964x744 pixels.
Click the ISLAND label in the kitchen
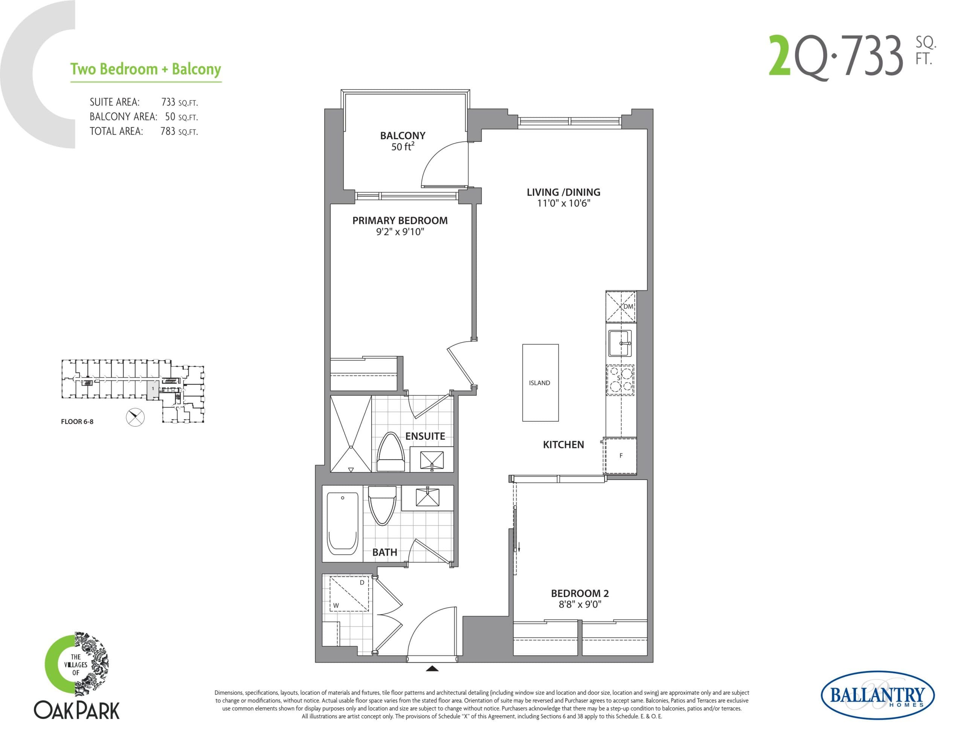click(x=539, y=383)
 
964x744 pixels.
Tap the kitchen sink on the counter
click(x=620, y=343)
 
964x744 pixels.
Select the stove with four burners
click(x=620, y=380)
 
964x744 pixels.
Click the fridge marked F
click(x=621, y=456)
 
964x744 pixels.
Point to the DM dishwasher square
click(x=621, y=307)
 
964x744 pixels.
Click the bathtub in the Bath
click(x=343, y=524)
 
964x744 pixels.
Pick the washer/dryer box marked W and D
click(x=349, y=594)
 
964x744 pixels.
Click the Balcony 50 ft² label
click(x=403, y=141)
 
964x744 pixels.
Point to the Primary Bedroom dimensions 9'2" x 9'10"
click(x=400, y=232)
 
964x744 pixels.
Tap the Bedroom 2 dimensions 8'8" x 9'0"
click(x=580, y=604)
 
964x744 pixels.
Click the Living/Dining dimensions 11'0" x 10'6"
click(x=563, y=203)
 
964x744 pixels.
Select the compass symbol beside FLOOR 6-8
click(x=135, y=417)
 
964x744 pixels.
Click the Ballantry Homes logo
click(x=877, y=696)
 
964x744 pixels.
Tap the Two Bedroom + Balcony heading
click(x=146, y=70)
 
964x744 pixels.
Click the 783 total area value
click(x=168, y=131)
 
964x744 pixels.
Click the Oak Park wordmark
click(x=77, y=711)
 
